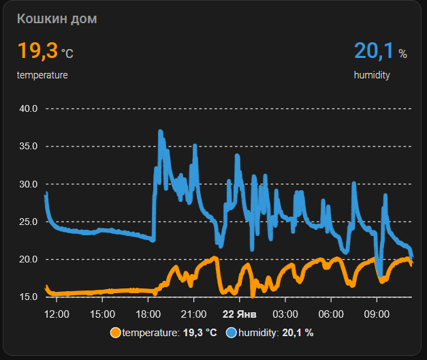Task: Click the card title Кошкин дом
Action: [x=57, y=18]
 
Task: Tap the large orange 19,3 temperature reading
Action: [x=37, y=50]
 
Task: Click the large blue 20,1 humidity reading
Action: [x=374, y=50]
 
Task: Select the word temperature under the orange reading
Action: [x=42, y=75]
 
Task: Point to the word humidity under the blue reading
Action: [x=372, y=75]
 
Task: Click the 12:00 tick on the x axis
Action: [x=56, y=314]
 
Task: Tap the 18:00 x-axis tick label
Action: [x=148, y=314]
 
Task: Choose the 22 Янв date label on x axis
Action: [x=239, y=314]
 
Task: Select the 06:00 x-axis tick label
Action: [x=331, y=314]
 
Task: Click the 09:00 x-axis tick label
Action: [x=377, y=314]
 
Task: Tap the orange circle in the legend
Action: [x=115, y=333]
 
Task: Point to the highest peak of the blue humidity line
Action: [x=161, y=131]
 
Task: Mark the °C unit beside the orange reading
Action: [x=67, y=53]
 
